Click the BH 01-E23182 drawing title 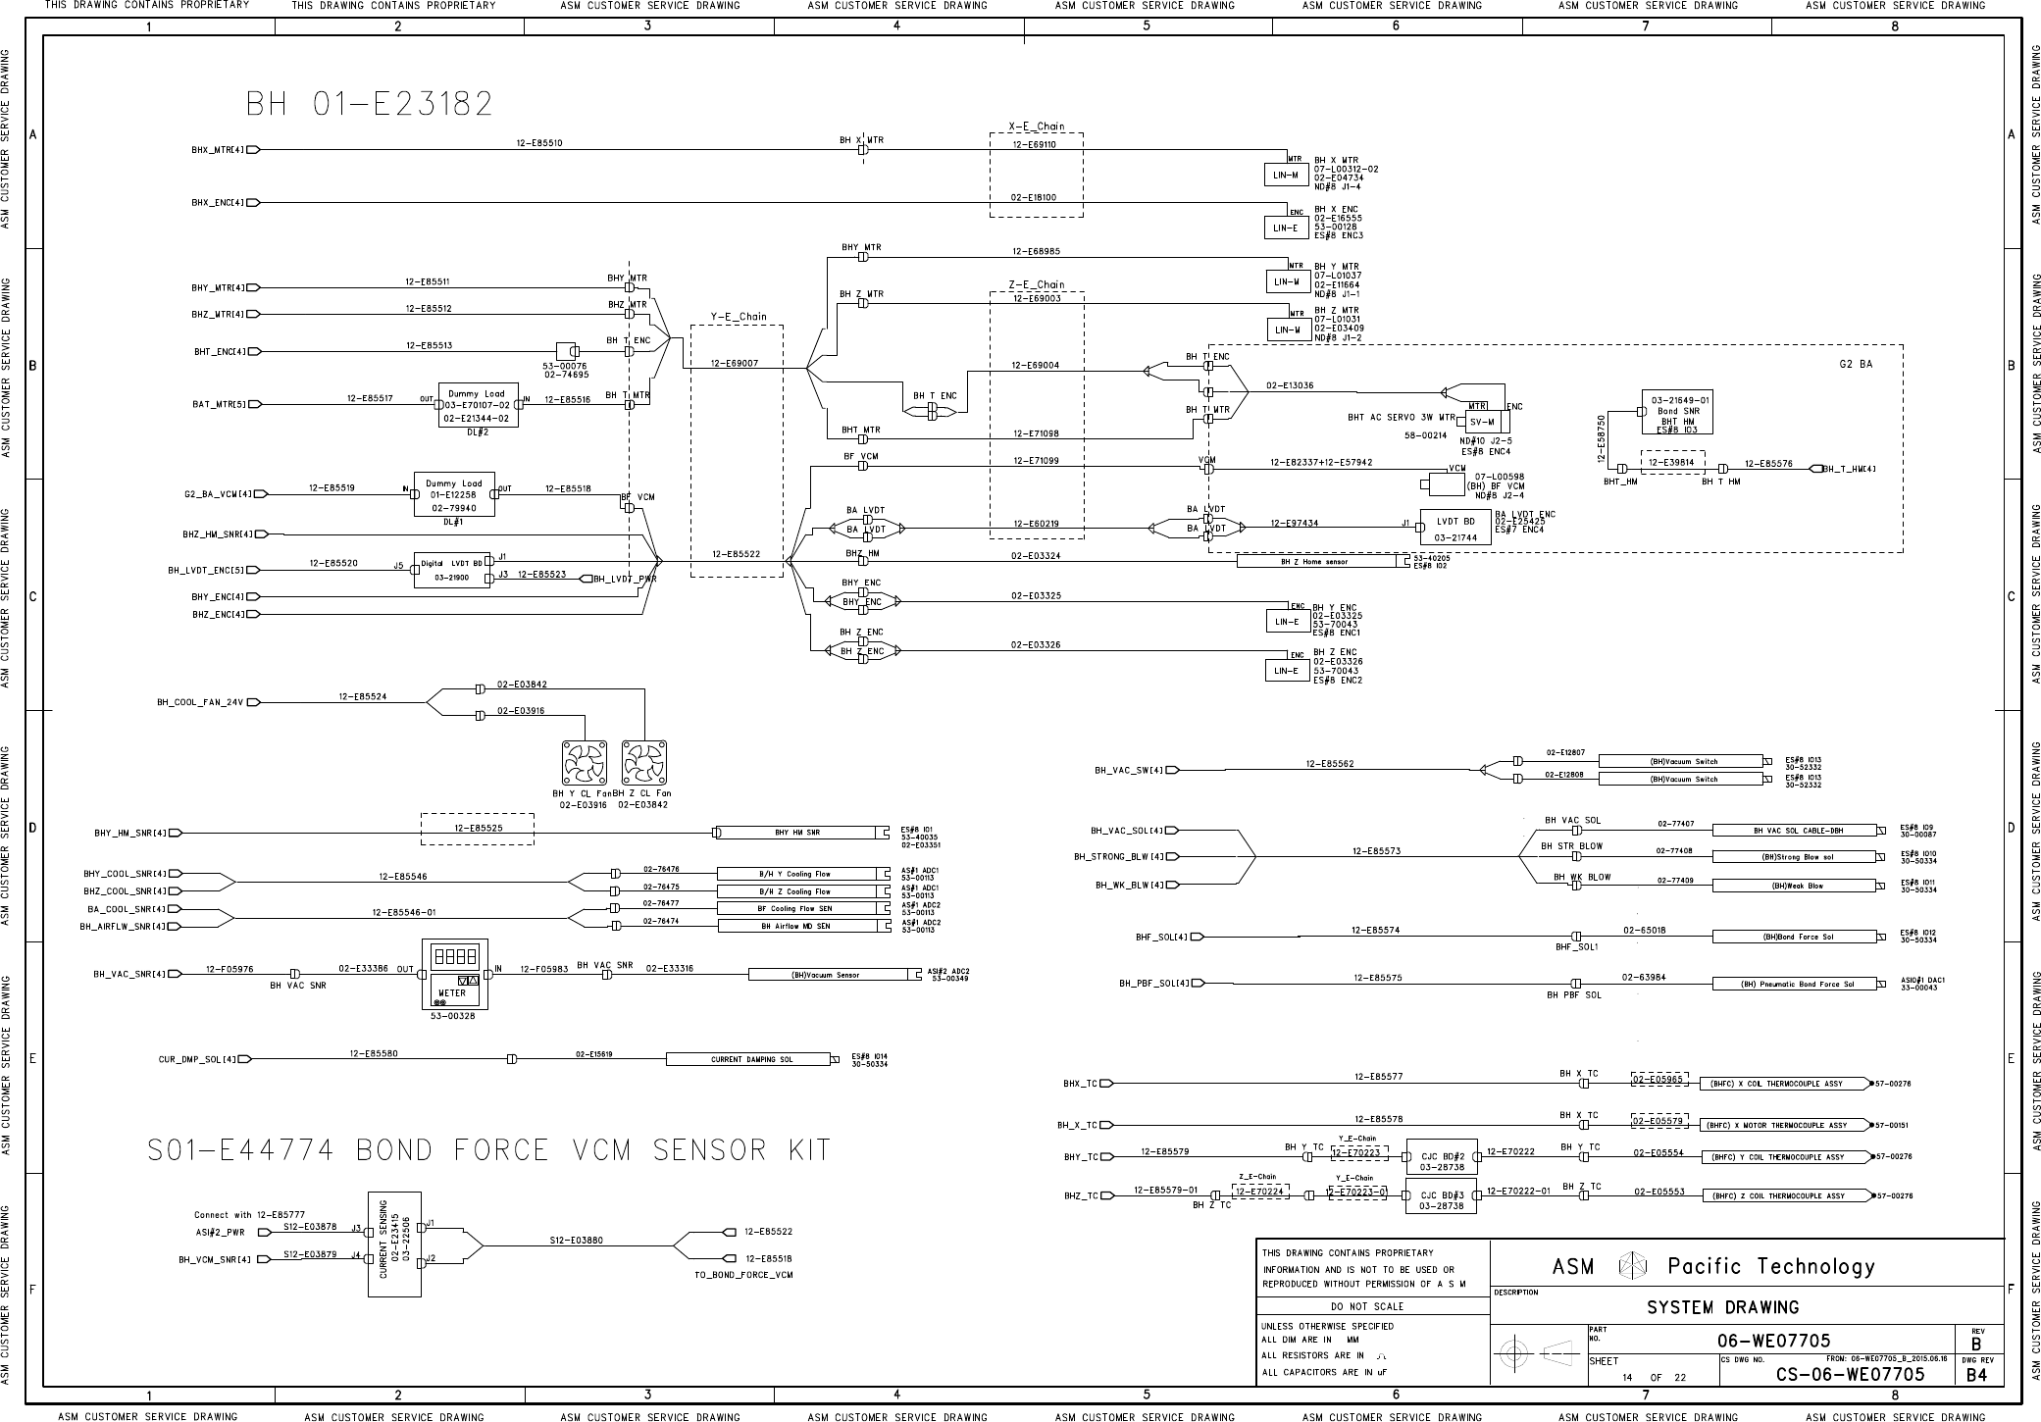(369, 103)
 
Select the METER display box (452, 974)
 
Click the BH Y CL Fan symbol (585, 763)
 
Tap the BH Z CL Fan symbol (644, 763)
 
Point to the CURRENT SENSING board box (394, 1244)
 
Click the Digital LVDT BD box (451, 570)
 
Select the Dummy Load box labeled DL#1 (453, 494)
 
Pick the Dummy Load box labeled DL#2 (478, 404)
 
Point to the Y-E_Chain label (739, 317)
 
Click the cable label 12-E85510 (539, 143)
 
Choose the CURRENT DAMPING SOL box (751, 1059)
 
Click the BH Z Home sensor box (1315, 562)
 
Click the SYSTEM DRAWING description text (1722, 1307)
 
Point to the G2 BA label (1856, 364)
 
